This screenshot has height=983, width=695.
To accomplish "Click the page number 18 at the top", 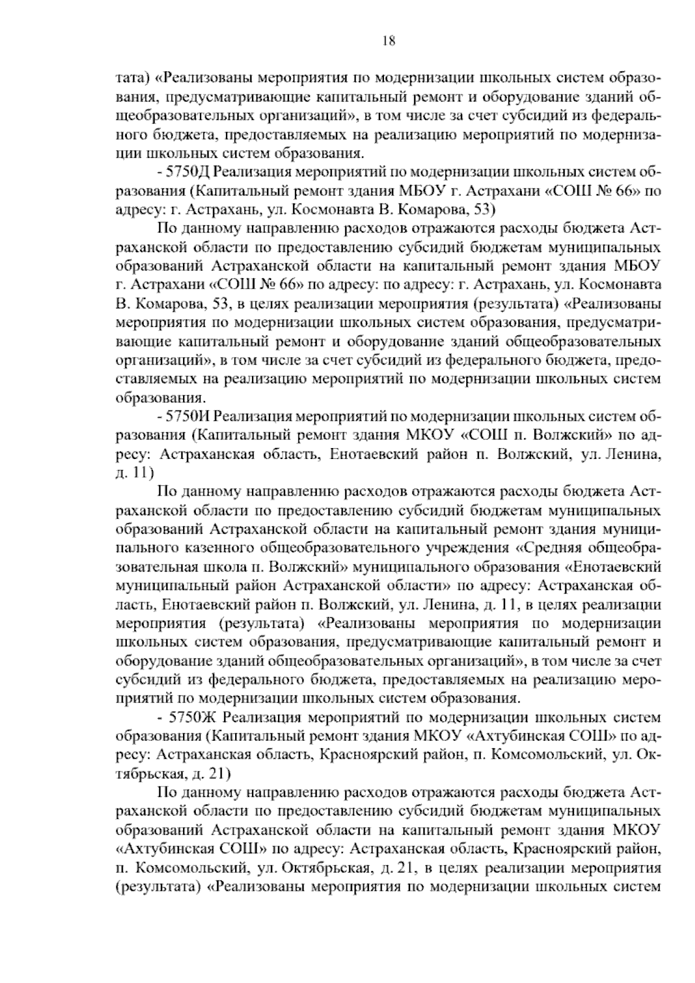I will [389, 41].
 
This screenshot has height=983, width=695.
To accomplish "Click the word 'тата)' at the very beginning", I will [133, 77].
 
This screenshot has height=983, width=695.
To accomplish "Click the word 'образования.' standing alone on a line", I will [160, 398].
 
